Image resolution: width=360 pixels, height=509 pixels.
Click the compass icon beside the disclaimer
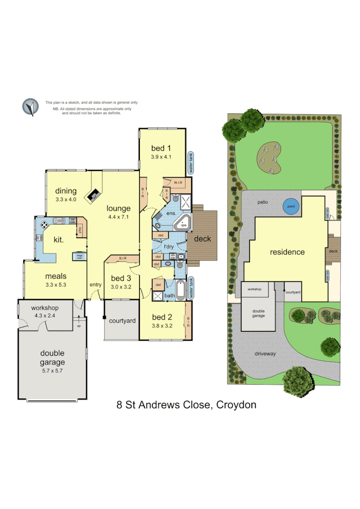click(30, 107)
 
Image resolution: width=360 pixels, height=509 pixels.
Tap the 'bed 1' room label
click(161, 148)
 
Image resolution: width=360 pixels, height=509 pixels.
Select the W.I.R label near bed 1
click(178, 182)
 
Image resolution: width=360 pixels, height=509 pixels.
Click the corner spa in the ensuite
click(183, 224)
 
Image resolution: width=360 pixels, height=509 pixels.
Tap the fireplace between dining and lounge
click(94, 194)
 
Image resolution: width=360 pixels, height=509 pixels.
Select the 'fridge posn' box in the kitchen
click(79, 256)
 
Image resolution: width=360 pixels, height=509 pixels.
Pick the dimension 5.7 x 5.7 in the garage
click(52, 371)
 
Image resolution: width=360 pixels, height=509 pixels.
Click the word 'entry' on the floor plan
click(95, 285)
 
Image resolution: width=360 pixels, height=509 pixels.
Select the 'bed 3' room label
click(121, 279)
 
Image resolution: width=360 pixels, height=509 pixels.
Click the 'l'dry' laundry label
click(168, 246)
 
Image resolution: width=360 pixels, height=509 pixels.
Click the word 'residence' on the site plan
click(287, 252)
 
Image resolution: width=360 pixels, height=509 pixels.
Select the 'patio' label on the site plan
click(262, 202)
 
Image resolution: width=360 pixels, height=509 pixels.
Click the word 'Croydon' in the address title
click(236, 405)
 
